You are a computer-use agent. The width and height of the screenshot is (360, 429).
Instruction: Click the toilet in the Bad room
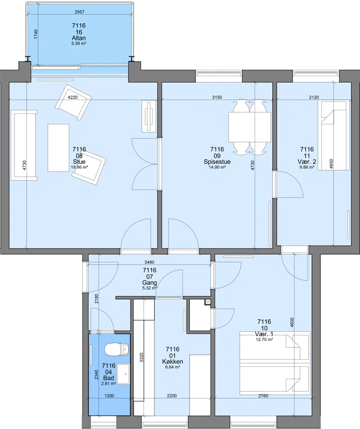tap(117, 349)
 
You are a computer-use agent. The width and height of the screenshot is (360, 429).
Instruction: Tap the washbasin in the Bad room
tap(123, 374)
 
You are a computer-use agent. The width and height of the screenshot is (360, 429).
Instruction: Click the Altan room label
tap(79, 38)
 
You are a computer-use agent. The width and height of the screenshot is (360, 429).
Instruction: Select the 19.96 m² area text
tap(79, 167)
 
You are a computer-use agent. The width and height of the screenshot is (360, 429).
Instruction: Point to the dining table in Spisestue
tap(250, 127)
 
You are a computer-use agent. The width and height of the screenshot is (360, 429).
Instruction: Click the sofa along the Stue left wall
tap(24, 145)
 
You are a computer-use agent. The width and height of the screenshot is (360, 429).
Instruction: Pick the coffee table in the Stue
tap(58, 148)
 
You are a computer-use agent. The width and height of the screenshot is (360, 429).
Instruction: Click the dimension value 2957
tap(79, 12)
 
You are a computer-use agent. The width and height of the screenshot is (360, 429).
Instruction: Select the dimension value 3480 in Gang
tap(149, 262)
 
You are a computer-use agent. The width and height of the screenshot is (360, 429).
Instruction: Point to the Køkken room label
tap(173, 361)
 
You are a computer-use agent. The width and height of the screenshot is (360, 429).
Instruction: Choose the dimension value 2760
tap(263, 396)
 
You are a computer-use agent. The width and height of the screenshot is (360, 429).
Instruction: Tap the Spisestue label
tap(217, 162)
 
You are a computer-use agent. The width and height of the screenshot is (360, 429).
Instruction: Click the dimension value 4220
tap(73, 97)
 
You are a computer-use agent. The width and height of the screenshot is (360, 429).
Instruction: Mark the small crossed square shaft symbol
tap(208, 302)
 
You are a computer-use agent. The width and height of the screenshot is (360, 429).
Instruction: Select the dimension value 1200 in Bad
tap(109, 396)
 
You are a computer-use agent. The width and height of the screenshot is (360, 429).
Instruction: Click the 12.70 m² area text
tap(265, 339)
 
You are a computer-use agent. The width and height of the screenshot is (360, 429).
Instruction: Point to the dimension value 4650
tap(331, 165)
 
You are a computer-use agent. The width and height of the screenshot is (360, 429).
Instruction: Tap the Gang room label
tap(150, 283)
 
